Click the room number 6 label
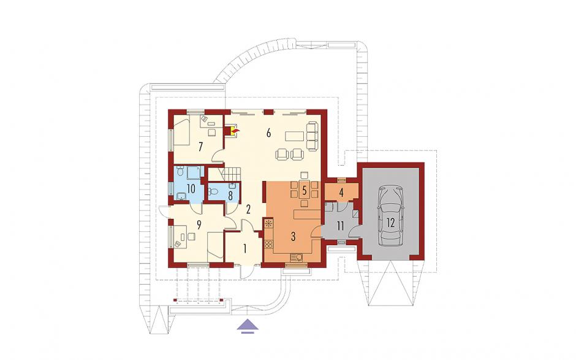tap(268, 133)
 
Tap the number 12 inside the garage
tap(390, 223)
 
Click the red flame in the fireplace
tap(236, 130)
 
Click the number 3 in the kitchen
tap(293, 237)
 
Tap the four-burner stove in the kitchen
tap(268, 244)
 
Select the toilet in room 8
tap(213, 191)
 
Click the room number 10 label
tap(191, 189)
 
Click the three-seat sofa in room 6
tap(313, 136)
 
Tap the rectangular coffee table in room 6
tap(294, 136)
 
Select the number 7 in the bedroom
tap(200, 147)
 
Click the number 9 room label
tap(199, 224)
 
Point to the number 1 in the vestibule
tap(244, 249)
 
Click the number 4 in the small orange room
tap(341, 193)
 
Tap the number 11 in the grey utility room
tap(340, 226)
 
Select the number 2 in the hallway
tap(248, 210)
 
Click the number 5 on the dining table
tap(304, 191)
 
